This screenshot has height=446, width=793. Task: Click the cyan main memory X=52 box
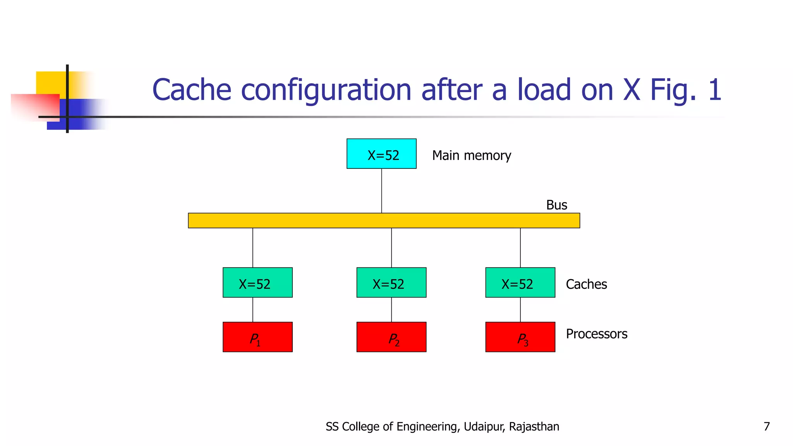tap(381, 154)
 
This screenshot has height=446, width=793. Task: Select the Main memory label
tap(471, 156)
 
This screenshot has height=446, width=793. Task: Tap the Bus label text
tap(556, 205)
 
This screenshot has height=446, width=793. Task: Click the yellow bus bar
tap(384, 220)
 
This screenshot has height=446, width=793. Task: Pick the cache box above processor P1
tap(257, 283)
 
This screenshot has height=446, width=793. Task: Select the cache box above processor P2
tap(391, 283)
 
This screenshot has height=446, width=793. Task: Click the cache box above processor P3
tap(520, 283)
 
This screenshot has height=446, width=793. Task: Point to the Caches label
tap(586, 285)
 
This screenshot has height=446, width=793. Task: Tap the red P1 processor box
tap(257, 337)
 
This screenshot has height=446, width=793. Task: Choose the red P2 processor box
tap(391, 337)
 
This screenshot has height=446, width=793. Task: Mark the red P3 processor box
tap(520, 337)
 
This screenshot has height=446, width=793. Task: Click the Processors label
tap(596, 334)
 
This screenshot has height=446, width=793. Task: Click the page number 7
tap(766, 427)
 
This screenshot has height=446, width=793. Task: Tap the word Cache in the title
tap(192, 90)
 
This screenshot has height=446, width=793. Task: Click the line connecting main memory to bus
tap(381, 190)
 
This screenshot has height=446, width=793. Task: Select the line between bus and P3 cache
tap(520, 247)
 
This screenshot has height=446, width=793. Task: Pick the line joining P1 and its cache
tap(253, 310)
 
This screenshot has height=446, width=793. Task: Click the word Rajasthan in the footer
tap(534, 427)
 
